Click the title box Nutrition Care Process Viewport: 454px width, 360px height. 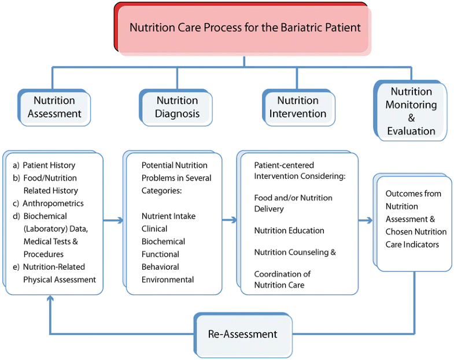tap(244, 28)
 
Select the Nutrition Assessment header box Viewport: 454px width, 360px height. tap(54, 108)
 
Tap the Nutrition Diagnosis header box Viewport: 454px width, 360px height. tap(177, 108)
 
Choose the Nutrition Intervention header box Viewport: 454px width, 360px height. tap(298, 108)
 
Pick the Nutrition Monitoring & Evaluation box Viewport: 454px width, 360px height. tap(411, 111)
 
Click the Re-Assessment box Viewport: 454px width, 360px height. tap(243, 334)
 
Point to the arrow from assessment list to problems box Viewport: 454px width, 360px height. tap(114, 221)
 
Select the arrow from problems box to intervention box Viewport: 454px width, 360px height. tap(230, 221)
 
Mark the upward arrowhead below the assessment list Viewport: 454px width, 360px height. tap(50, 299)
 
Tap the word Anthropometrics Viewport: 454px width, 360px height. tap(53, 204)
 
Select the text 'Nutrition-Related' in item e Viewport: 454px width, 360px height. tap(54, 267)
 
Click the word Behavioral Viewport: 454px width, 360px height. tap(160, 267)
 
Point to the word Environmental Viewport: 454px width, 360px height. tap(168, 280)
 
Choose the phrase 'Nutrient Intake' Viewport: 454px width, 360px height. tap(168, 216)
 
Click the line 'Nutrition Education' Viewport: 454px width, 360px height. tap(289, 230)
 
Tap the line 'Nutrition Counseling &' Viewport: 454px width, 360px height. tap(295, 252)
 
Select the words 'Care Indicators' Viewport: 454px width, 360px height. tap(412, 245)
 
